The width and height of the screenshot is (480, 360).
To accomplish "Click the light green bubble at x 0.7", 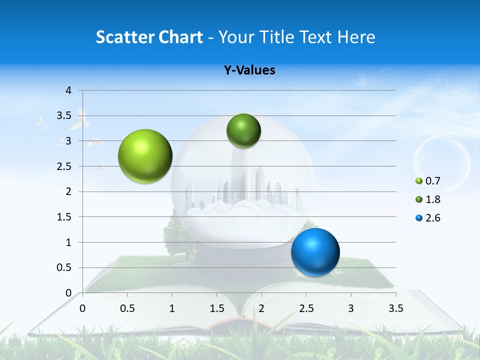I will (145, 156).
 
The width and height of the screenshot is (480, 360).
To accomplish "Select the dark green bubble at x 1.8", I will (243, 130).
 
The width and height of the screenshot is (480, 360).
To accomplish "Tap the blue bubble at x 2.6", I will (315, 252).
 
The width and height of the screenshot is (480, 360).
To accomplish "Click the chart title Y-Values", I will (249, 70).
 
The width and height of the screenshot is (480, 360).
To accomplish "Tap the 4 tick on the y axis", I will (68, 90).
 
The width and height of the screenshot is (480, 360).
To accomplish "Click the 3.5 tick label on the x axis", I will (395, 308).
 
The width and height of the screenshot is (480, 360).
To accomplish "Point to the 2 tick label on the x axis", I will (261, 308).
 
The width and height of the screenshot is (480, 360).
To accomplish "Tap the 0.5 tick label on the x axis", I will (127, 308).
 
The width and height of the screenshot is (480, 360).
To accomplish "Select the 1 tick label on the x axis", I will (172, 308).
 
